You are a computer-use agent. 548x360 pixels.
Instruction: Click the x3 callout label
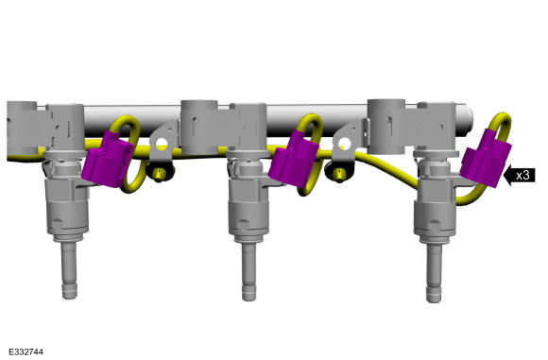[x=522, y=175]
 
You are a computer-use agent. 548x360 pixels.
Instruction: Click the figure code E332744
[x=26, y=351]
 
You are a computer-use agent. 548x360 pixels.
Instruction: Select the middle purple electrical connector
[x=293, y=160]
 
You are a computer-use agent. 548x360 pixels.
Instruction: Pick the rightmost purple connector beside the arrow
[x=486, y=158]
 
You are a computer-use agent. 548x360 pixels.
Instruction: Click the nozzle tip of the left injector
[x=69, y=291]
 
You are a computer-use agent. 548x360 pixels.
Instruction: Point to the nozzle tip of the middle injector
[x=248, y=293]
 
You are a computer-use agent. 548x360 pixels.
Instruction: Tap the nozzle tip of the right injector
[x=434, y=294]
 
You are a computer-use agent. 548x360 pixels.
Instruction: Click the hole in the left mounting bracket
[x=162, y=144]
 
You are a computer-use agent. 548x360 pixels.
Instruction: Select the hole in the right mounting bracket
[x=344, y=143]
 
